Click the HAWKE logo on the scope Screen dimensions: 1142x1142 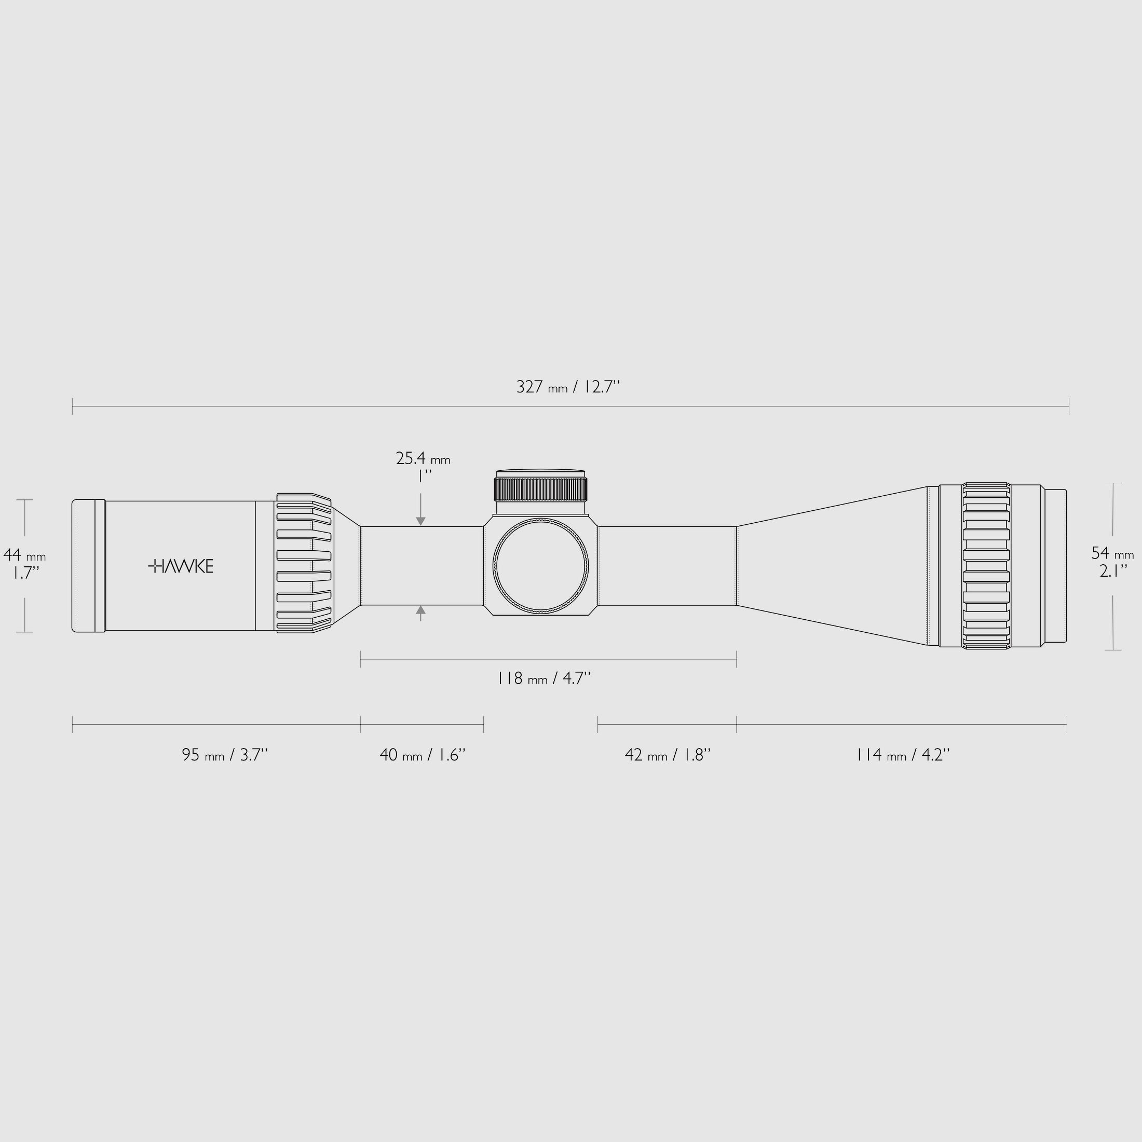[x=180, y=566]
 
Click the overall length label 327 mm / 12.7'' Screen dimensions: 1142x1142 [x=568, y=387]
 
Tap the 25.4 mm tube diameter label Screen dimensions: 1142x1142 [x=423, y=459]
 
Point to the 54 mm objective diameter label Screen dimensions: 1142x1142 [x=1112, y=554]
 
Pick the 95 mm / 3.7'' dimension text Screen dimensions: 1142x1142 [x=225, y=755]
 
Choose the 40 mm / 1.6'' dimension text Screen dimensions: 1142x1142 [x=423, y=755]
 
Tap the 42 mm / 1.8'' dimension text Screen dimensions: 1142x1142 [x=668, y=755]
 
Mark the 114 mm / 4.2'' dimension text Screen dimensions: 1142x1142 [x=903, y=755]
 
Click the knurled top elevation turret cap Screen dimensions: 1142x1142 [x=541, y=489]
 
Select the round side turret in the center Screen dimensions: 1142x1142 [x=541, y=566]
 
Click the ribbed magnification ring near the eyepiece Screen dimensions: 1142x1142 [x=303, y=563]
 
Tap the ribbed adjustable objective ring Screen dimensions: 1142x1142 [x=985, y=566]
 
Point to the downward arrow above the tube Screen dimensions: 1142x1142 [x=421, y=520]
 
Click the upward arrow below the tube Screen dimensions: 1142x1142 [x=421, y=610]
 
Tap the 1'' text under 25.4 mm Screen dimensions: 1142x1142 [x=423, y=476]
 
